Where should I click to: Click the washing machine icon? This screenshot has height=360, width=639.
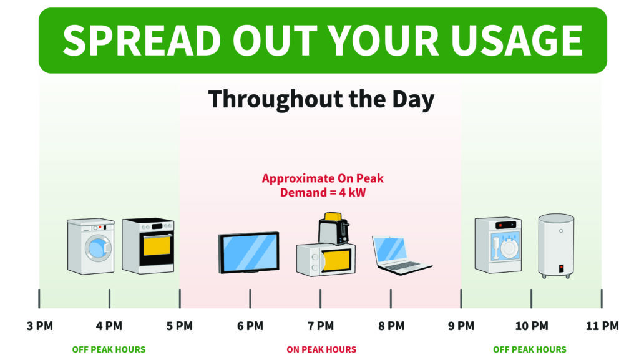click(x=90, y=246)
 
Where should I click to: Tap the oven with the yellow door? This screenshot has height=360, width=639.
click(x=148, y=246)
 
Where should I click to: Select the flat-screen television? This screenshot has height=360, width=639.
click(x=248, y=253)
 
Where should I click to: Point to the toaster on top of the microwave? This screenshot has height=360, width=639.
click(x=334, y=228)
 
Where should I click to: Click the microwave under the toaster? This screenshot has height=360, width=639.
click(x=326, y=260)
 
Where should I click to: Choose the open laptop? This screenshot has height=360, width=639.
click(x=401, y=255)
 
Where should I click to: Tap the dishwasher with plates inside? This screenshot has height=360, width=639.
click(x=498, y=245)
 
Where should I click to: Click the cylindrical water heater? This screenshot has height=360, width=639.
click(x=556, y=246)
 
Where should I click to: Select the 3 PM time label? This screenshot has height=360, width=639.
click(x=40, y=326)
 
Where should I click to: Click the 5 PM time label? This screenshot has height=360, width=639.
click(x=180, y=326)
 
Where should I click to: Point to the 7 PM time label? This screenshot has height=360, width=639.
click(x=321, y=326)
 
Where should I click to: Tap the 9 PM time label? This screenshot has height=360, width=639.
click(x=461, y=326)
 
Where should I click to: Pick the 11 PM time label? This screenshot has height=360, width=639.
click(x=602, y=326)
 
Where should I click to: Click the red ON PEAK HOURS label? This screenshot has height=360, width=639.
click(x=321, y=349)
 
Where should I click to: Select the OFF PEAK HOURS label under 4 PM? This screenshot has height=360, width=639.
click(x=109, y=349)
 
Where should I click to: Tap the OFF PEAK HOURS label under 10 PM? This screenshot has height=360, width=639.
click(x=530, y=349)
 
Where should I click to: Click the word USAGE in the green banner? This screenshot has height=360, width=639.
click(x=517, y=41)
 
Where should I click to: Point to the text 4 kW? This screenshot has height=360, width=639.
click(x=353, y=192)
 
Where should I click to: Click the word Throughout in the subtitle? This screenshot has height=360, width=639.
click(x=276, y=99)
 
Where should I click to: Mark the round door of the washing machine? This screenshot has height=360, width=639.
click(x=98, y=248)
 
